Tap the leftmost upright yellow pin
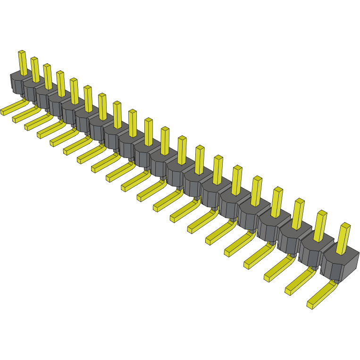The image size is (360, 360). (x=22, y=63)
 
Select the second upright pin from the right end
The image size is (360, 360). (x=319, y=226)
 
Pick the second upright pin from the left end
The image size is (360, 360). (x=35, y=69)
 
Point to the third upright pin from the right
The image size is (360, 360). (x=297, y=214)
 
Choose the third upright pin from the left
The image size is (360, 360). (x=47, y=76)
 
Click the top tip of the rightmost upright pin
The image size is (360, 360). (x=346, y=226)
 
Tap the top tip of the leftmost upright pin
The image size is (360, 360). (x=21, y=52)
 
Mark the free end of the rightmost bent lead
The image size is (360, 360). (x=310, y=306)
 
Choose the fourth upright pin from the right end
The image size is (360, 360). (x=276, y=202)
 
